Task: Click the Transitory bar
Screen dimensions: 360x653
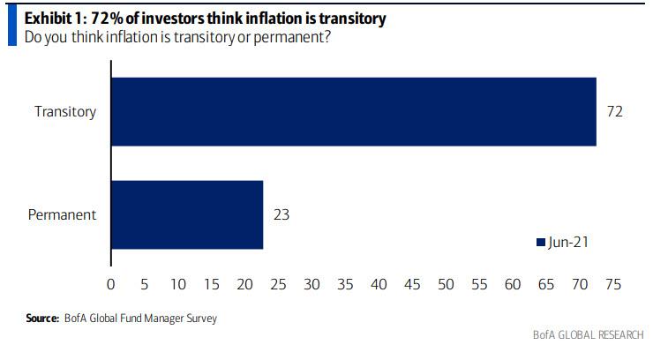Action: click(353, 112)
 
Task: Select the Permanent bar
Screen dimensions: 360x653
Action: click(187, 214)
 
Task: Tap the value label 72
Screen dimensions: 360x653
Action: click(615, 112)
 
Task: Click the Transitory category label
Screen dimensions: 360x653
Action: click(64, 112)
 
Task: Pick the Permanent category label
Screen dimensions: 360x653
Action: click(64, 214)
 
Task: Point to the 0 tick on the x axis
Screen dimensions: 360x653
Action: click(110, 284)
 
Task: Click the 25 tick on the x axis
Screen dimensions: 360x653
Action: click(278, 284)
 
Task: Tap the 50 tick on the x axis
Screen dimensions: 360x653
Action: click(447, 284)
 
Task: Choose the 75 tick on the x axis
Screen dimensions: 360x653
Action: click(614, 284)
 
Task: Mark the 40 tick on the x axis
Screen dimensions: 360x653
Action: click(379, 284)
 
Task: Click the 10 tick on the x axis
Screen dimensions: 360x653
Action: click(177, 284)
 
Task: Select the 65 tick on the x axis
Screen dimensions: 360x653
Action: click(547, 284)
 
